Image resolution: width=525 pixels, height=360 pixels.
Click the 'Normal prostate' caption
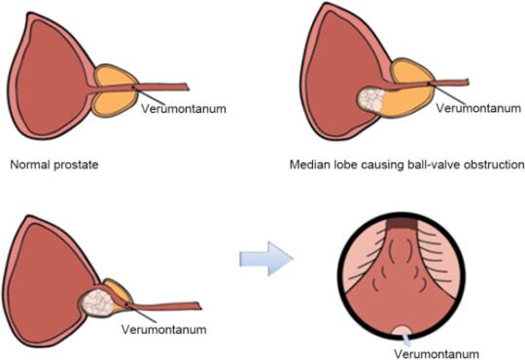[54, 164]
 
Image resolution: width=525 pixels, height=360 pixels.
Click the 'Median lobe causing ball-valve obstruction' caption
[406, 164]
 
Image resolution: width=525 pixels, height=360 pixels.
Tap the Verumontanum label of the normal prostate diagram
[184, 109]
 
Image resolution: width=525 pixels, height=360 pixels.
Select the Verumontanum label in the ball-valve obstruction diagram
[478, 108]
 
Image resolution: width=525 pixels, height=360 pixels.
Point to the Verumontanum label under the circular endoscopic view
[437, 354]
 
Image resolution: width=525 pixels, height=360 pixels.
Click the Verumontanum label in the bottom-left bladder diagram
[163, 329]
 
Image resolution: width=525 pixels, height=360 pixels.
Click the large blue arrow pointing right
[266, 259]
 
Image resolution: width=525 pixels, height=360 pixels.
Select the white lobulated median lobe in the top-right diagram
[371, 99]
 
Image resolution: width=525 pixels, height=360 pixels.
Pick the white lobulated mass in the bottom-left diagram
[98, 303]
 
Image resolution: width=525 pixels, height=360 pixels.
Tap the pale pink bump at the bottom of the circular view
[402, 332]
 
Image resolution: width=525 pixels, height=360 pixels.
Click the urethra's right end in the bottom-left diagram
[200, 306]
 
